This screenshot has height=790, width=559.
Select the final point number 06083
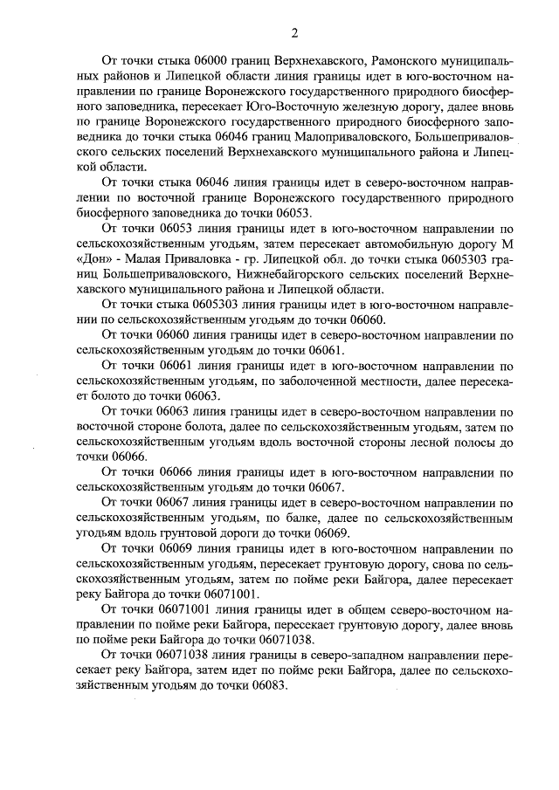tap(266, 684)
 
